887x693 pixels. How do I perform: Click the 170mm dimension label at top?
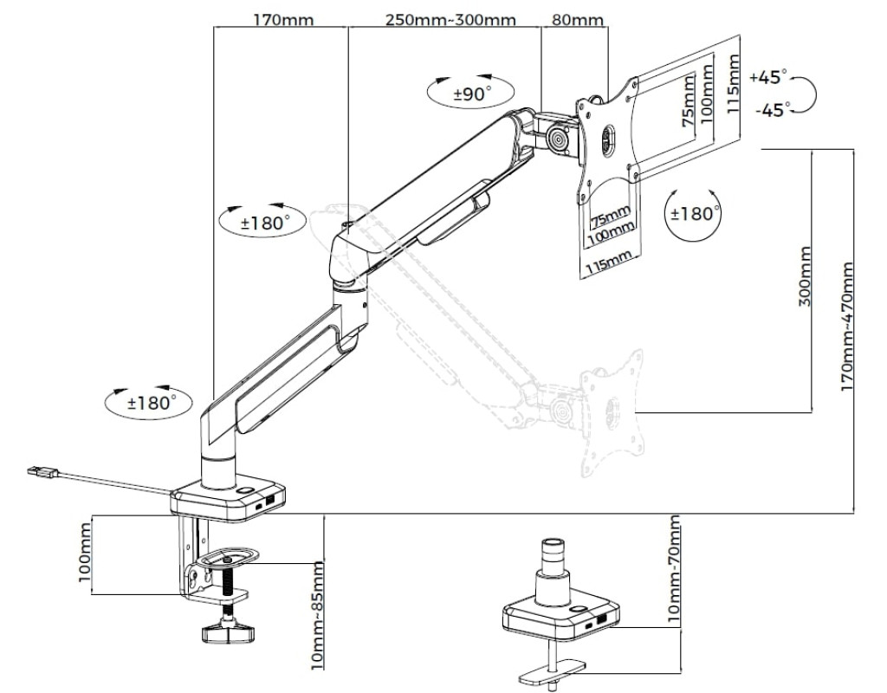tap(283, 20)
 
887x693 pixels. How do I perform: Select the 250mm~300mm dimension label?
tap(450, 20)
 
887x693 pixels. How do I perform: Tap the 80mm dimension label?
tap(578, 20)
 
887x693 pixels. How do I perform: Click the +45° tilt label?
tap(768, 77)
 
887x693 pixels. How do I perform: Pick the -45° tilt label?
tap(772, 110)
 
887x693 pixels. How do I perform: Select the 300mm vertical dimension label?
tap(805, 276)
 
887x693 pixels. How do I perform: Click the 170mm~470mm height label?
tap(847, 326)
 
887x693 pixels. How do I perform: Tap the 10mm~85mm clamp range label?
tap(318, 616)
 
